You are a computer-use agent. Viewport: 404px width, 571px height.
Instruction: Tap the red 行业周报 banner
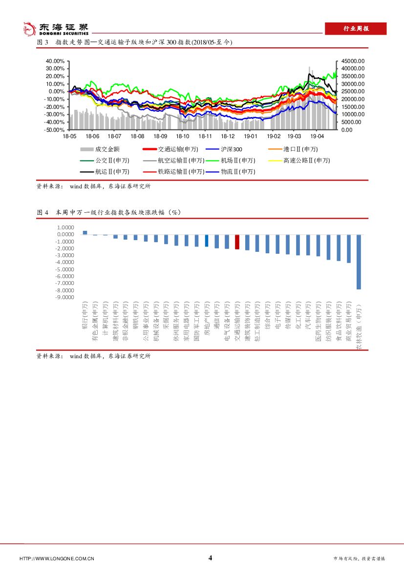pos(356,29)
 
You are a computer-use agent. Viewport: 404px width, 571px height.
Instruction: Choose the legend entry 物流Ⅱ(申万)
pos(237,172)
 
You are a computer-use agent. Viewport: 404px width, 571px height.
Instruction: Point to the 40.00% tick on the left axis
pos(55,61)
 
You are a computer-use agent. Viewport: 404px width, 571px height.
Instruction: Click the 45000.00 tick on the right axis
pos(353,61)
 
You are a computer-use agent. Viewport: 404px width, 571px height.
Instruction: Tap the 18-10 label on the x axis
pos(183,137)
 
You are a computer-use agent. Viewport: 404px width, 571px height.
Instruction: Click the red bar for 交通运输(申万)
pos(237,242)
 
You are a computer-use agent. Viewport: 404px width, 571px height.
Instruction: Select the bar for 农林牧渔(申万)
pos(359,262)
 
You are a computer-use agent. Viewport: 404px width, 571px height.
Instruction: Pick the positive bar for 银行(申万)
pos(85,233)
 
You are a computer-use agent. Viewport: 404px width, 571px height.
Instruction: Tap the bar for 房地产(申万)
pos(207,241)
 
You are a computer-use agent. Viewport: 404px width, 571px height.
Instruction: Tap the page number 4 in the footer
pos(210,558)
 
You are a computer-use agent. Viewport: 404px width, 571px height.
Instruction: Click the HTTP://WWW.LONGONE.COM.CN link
pos(57,558)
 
